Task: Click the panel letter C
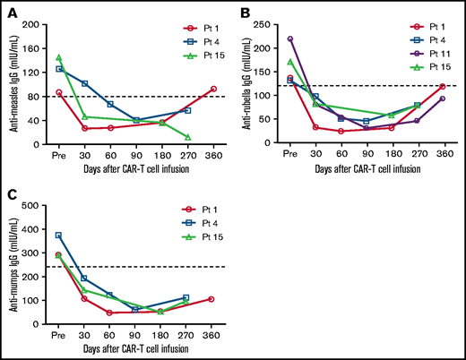click(x=11, y=194)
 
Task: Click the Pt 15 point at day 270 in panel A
click(x=187, y=137)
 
